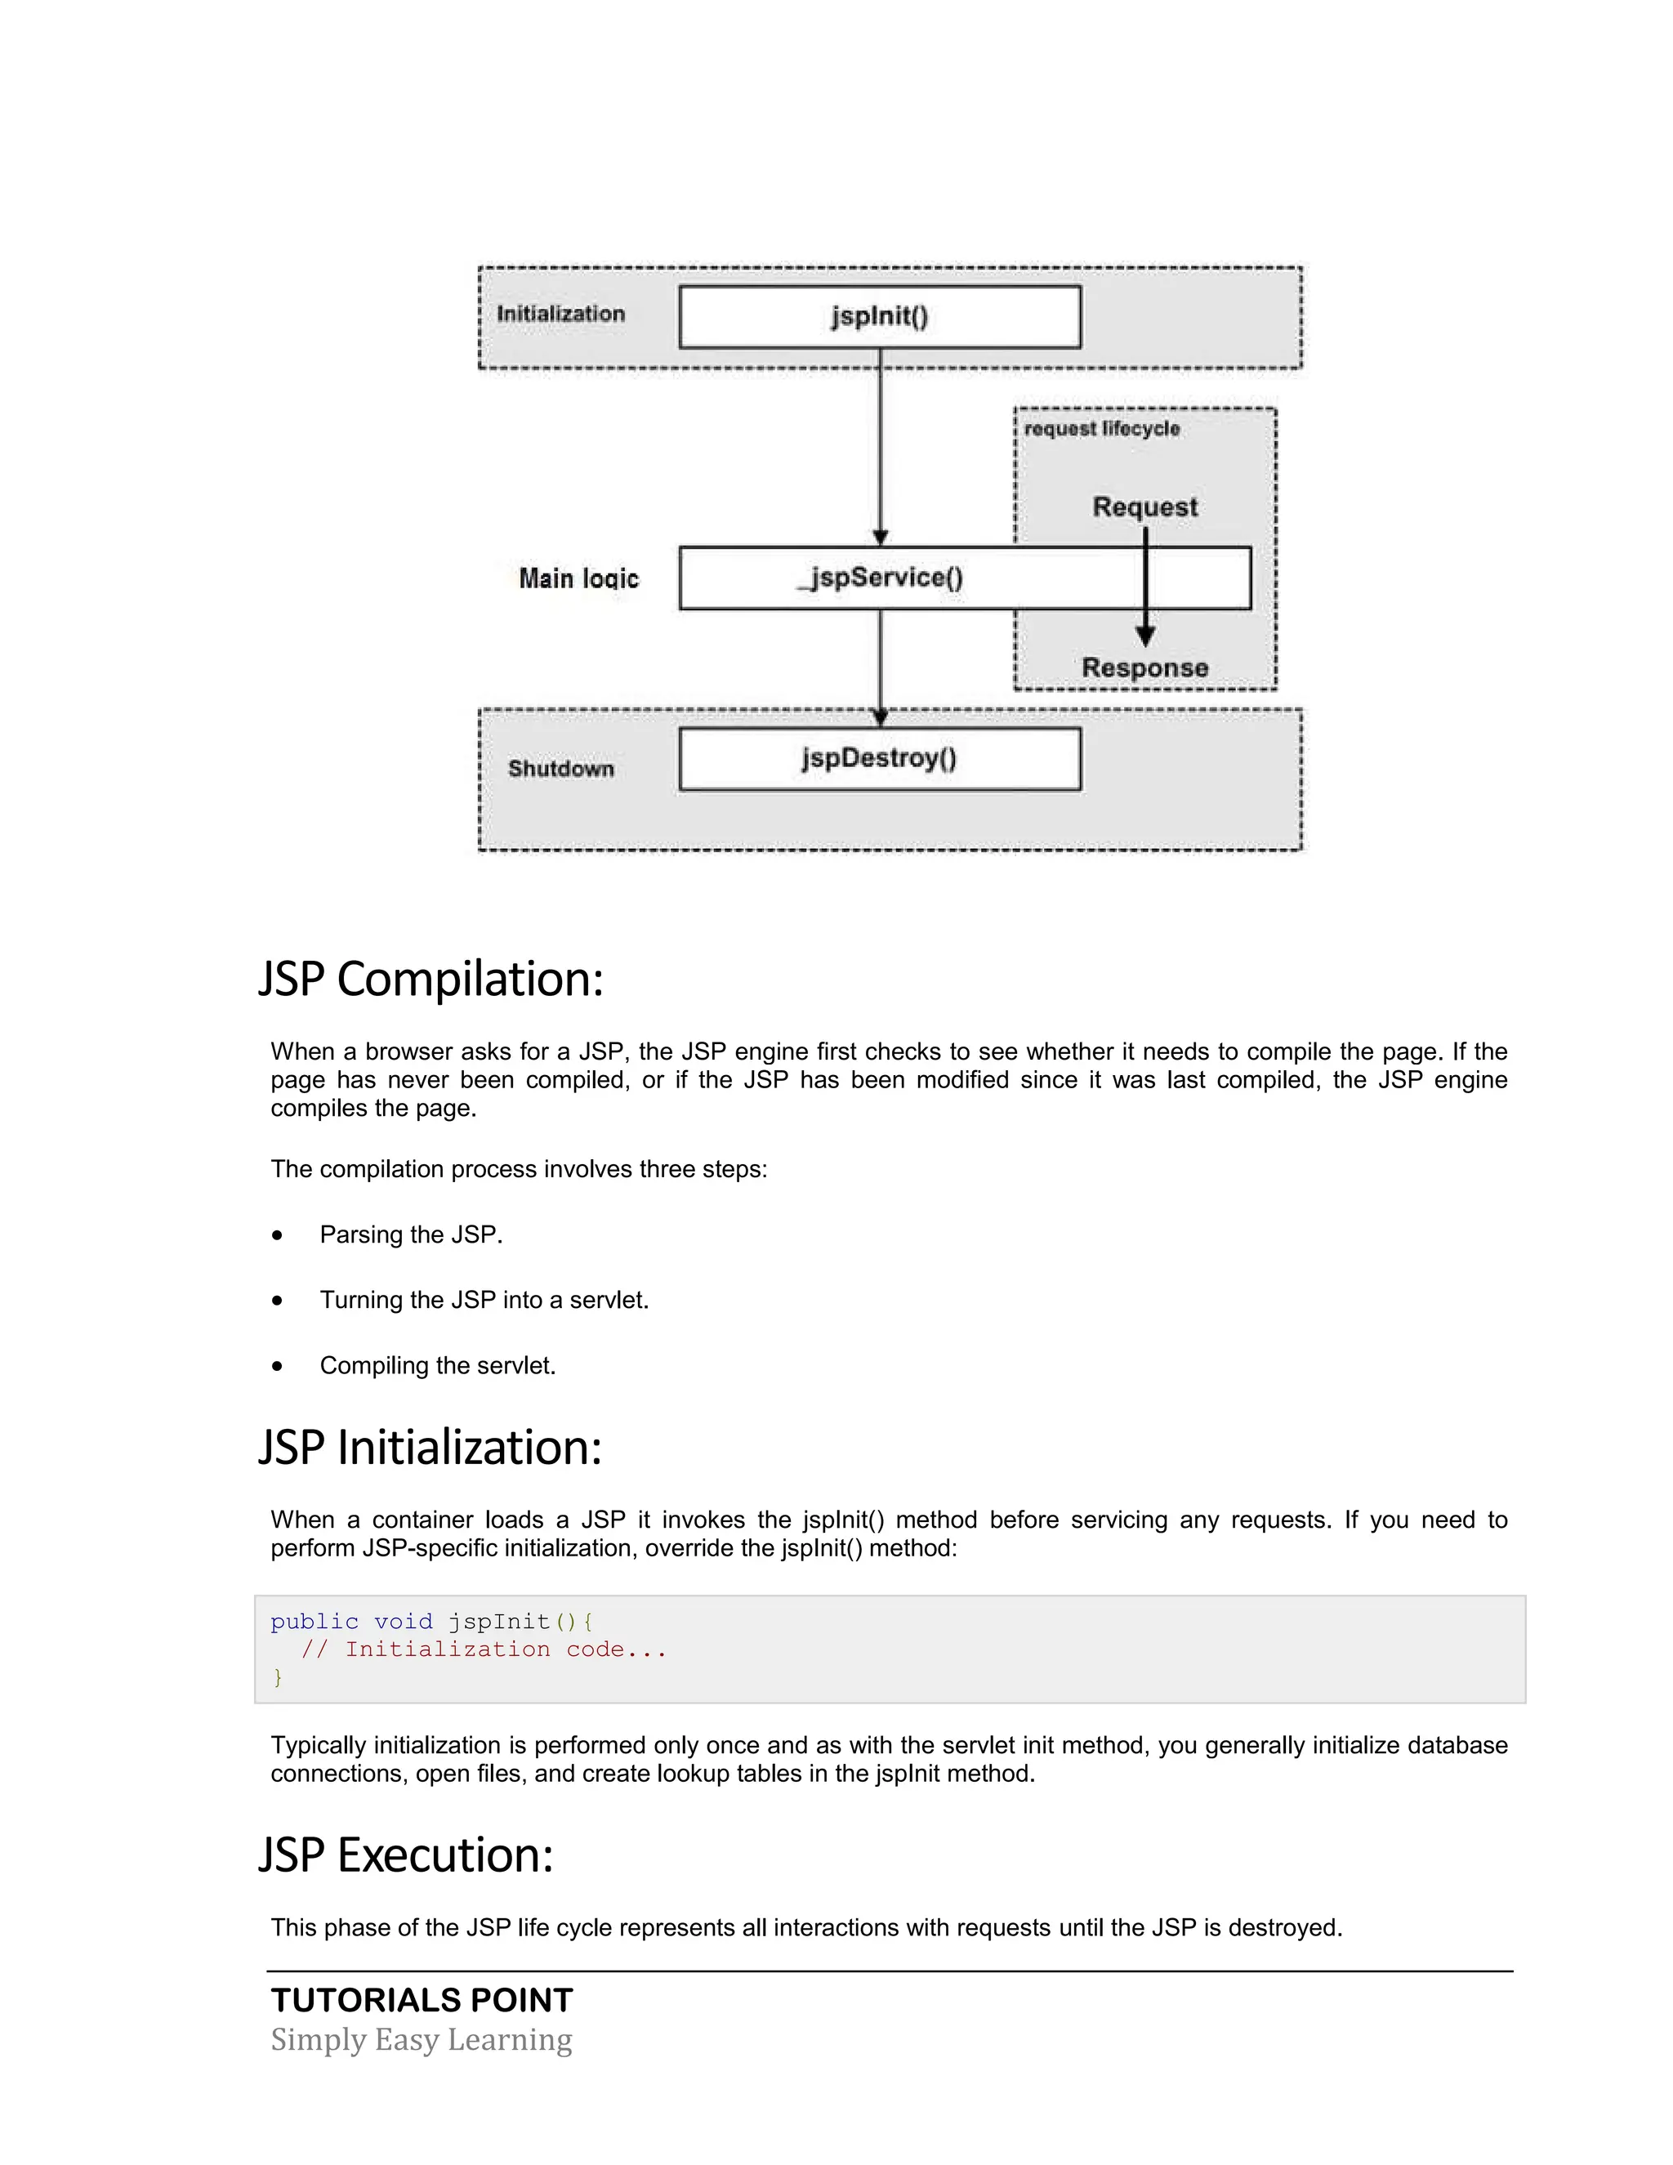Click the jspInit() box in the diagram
tap(879, 317)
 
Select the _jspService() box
tap(880, 578)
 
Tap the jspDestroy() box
tap(879, 759)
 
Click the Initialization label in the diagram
tap(561, 315)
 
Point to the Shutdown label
tap(561, 770)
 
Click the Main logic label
tap(579, 579)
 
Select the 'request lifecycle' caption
tap(1101, 429)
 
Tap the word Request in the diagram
tap(1144, 507)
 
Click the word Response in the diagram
tap(1144, 668)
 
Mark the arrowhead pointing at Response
tap(1144, 636)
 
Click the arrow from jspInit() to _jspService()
tap(880, 446)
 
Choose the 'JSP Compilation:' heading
tap(431, 980)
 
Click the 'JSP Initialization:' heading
tap(431, 1448)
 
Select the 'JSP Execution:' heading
tap(405, 1855)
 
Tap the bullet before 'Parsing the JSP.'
tap(278, 1235)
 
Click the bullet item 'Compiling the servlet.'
tap(437, 1366)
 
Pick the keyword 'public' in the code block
tap(315, 1622)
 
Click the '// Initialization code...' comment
tap(484, 1649)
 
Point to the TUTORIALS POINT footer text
tap(422, 2001)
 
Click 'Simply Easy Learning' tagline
tap(422, 2040)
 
